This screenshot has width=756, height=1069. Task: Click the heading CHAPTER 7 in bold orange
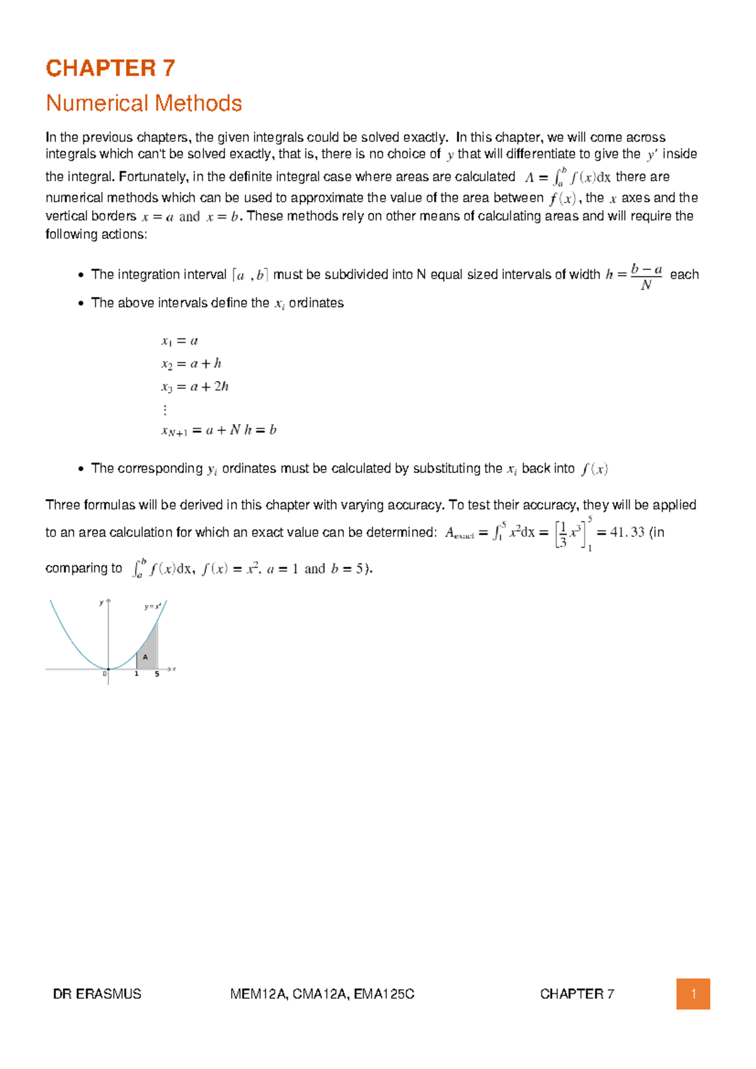[110, 68]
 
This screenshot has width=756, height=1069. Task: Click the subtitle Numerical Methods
[144, 103]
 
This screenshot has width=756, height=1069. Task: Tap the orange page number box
[693, 994]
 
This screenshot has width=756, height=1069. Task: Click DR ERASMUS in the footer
[97, 994]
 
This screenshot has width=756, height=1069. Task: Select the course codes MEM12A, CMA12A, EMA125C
[322, 994]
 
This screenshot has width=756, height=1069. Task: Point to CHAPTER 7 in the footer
[576, 994]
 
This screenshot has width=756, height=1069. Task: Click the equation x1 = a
[180, 341]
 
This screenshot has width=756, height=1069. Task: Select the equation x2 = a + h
[191, 364]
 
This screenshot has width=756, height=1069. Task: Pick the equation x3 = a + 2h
[195, 386]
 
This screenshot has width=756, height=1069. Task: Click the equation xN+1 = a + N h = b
[219, 430]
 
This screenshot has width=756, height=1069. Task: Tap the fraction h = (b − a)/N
[634, 276]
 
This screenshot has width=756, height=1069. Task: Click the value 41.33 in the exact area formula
[627, 532]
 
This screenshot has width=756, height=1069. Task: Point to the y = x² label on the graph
[152, 606]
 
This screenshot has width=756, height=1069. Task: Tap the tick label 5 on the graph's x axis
[157, 674]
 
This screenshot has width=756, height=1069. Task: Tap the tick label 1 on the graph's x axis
[136, 674]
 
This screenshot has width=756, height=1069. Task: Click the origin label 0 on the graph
[105, 674]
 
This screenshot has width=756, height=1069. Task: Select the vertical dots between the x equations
[165, 410]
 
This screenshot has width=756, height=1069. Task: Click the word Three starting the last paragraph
[62, 505]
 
